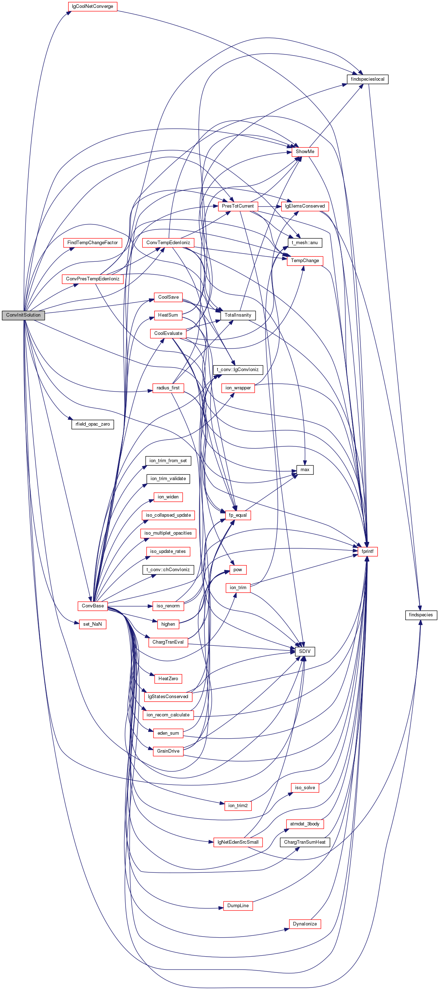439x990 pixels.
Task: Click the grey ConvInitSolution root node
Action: click(x=23, y=315)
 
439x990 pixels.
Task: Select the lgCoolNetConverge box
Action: click(x=92, y=6)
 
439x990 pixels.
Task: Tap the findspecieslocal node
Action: click(x=368, y=79)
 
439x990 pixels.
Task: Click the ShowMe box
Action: click(x=305, y=152)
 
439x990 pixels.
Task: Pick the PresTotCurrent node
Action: click(x=237, y=206)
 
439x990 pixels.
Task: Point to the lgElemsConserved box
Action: click(x=305, y=206)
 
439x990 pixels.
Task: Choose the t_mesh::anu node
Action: click(x=305, y=242)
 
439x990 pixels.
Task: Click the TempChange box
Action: click(x=305, y=261)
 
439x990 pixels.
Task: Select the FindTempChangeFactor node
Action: click(x=92, y=242)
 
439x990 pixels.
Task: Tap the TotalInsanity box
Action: click(x=237, y=315)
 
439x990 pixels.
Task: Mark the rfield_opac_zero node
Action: click(x=92, y=424)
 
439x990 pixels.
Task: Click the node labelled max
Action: click(x=305, y=470)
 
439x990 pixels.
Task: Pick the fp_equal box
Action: click(x=237, y=515)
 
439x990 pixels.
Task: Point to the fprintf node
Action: click(x=368, y=551)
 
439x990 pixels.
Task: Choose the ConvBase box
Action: click(x=92, y=606)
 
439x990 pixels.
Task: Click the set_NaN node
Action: click(x=92, y=624)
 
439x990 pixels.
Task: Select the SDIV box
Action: click(x=305, y=652)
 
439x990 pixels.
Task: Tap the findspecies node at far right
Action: click(x=421, y=615)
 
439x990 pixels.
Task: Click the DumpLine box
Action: click(x=237, y=906)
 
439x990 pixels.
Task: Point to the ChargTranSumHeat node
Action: click(x=305, y=842)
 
